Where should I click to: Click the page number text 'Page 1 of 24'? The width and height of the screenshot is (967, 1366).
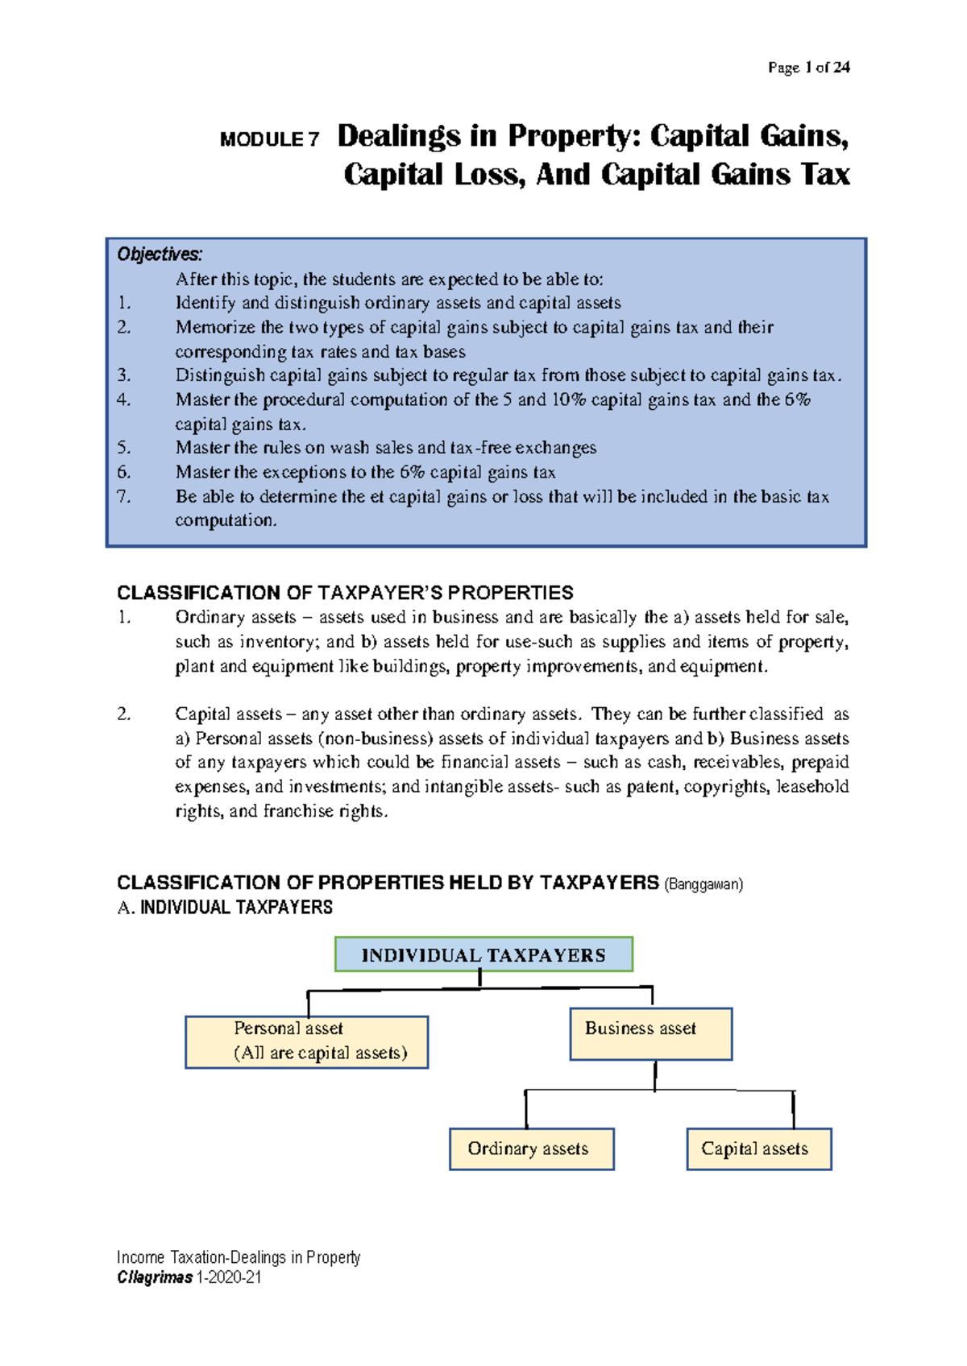tap(808, 68)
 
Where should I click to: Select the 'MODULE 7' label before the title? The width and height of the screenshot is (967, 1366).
tap(269, 140)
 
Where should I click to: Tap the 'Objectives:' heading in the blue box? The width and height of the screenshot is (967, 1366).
tap(160, 255)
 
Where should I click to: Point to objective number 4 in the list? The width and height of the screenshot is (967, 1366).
tap(123, 399)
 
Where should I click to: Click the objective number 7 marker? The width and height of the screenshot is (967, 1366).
tap(123, 496)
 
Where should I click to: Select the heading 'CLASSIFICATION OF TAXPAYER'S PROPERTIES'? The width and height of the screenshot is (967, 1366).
tap(345, 593)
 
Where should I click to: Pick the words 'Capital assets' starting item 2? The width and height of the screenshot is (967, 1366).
tap(228, 714)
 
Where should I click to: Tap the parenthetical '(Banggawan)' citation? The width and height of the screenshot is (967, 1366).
tap(703, 884)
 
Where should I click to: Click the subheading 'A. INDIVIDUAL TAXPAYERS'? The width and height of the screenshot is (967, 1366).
tap(225, 908)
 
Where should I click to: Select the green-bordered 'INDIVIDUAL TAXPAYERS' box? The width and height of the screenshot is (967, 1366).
tap(483, 954)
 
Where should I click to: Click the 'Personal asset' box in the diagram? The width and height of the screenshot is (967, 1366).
tap(306, 1041)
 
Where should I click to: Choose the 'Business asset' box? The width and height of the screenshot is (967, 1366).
tap(650, 1033)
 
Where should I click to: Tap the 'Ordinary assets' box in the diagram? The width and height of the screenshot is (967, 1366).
tap(531, 1149)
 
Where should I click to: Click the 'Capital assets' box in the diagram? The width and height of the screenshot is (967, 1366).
tap(758, 1149)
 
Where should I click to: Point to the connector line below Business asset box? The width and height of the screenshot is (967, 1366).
tap(655, 1076)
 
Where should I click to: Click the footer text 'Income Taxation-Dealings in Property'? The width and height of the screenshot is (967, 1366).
tap(239, 1257)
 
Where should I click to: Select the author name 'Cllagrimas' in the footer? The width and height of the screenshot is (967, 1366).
tap(155, 1277)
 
